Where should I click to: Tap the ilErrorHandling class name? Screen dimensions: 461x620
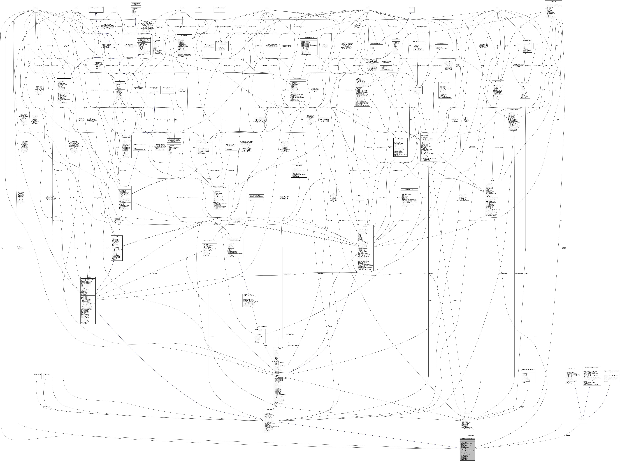pos(184,35)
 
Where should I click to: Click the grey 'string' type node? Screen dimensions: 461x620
pos(36,8)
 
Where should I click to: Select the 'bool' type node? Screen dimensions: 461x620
pos(76,8)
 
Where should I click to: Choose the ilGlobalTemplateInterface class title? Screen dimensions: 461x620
pos(209,241)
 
